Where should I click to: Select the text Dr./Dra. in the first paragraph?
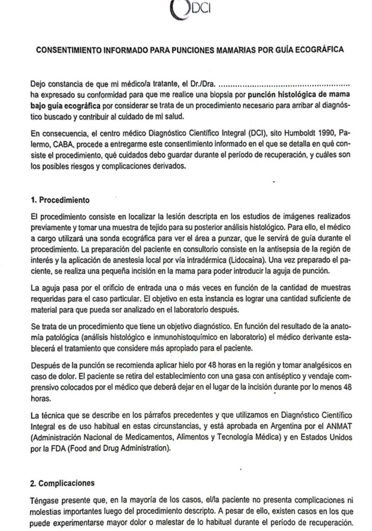pyautogui.click(x=198, y=84)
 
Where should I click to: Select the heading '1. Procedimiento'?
pyautogui.click(x=60, y=198)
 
